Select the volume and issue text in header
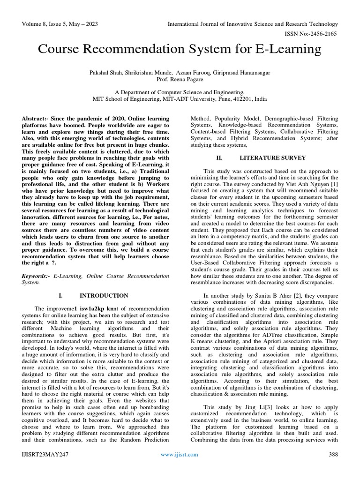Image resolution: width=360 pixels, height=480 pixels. (x=55, y=24)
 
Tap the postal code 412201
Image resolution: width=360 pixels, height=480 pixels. (x=239, y=100)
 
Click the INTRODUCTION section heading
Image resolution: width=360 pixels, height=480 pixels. (x=104, y=296)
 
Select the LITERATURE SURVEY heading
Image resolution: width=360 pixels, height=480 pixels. (x=272, y=157)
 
